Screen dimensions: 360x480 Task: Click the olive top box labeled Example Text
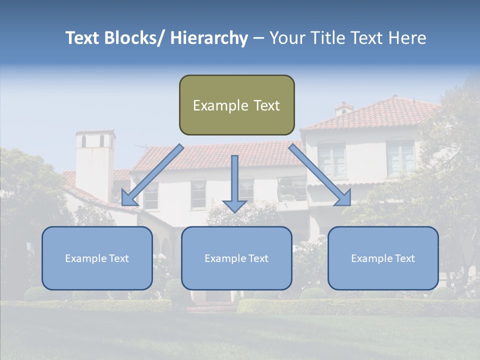(236, 105)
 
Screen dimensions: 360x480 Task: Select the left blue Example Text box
(97, 258)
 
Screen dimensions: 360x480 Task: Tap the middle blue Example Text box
(236, 258)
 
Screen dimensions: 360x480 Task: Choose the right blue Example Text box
(383, 258)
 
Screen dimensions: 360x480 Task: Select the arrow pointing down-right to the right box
(320, 175)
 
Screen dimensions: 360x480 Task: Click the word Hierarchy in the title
(209, 38)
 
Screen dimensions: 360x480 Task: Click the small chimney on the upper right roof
(344, 109)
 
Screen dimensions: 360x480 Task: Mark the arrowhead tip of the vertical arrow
(234, 211)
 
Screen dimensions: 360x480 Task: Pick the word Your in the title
(287, 38)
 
